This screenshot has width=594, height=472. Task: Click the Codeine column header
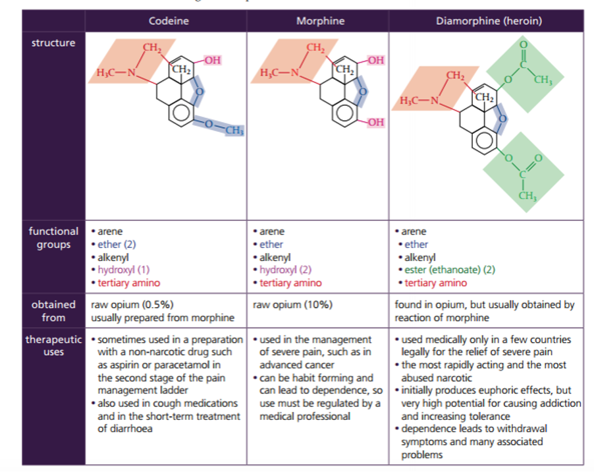click(168, 20)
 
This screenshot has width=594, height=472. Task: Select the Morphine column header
click(320, 20)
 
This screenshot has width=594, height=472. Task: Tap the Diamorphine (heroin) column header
click(489, 20)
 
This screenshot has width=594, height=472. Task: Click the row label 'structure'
click(53, 43)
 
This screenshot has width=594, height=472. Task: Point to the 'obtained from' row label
click(53, 311)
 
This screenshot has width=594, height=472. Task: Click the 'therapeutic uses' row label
click(53, 345)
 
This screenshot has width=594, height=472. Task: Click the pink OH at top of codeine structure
click(212, 61)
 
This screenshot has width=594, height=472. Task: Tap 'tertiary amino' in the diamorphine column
click(435, 283)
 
